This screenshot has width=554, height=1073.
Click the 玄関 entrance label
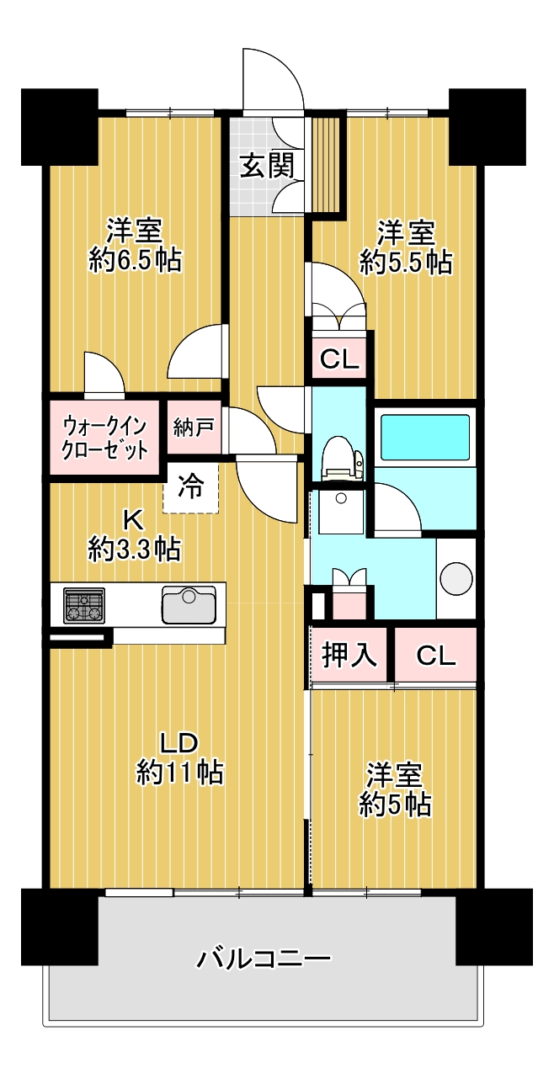coord(267,166)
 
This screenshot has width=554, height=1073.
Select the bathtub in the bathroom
coord(425,437)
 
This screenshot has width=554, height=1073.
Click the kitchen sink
coord(189,604)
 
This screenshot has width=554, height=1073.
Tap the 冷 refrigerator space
coord(191,486)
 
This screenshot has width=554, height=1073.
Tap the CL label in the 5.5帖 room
coord(340,360)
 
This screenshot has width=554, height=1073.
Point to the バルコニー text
coord(264,959)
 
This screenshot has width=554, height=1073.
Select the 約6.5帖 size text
coord(135,260)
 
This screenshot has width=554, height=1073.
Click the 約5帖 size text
coord(395,804)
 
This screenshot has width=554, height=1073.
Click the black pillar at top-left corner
coord(59,127)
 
